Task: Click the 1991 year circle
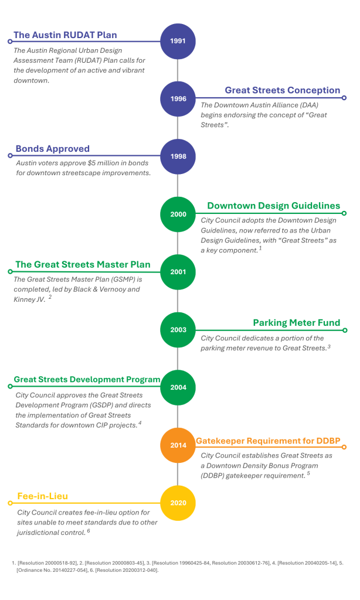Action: click(x=178, y=42)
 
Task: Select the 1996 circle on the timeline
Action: click(x=178, y=98)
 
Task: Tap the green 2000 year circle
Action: click(x=178, y=214)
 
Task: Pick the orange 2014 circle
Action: click(x=178, y=445)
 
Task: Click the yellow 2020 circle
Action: click(x=178, y=503)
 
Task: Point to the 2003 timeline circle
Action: click(x=178, y=330)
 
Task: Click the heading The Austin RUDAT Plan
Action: click(x=65, y=35)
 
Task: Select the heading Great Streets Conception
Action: click(x=282, y=90)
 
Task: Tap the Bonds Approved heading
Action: click(x=52, y=149)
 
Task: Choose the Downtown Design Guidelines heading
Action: click(x=273, y=206)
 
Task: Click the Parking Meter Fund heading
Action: click(x=297, y=323)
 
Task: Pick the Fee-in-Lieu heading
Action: click(x=43, y=496)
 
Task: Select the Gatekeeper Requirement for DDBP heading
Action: click(x=268, y=441)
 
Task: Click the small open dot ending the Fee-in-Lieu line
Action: click(x=11, y=503)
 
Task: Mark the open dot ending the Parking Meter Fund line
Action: click(x=345, y=330)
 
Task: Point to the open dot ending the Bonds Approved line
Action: click(x=11, y=156)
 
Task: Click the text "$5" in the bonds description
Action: click(x=91, y=163)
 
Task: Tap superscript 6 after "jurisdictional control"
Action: click(x=89, y=530)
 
